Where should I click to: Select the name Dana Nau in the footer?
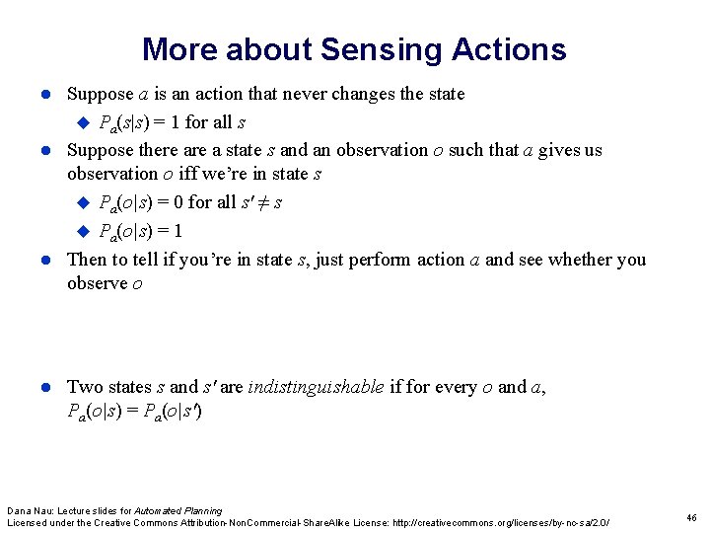[30, 510]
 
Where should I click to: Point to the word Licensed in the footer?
[28, 521]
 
